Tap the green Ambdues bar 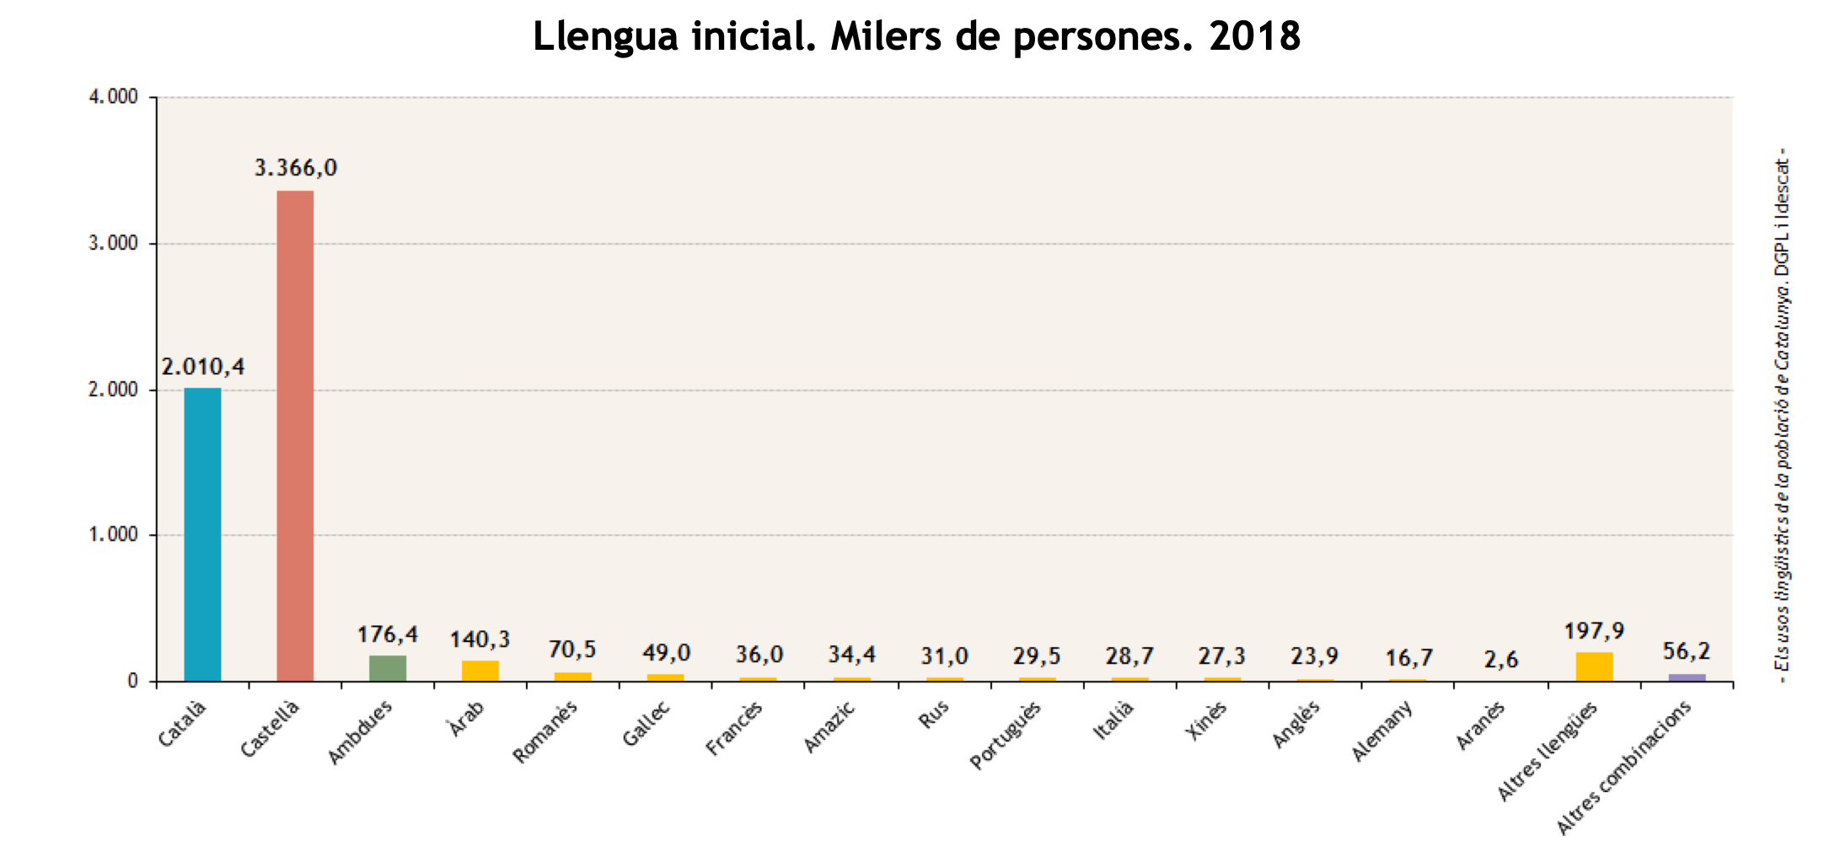tap(388, 668)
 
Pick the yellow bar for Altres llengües tap(1594, 666)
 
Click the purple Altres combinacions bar tap(1687, 677)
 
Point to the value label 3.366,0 tap(296, 168)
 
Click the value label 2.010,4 tap(203, 367)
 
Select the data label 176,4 tap(388, 634)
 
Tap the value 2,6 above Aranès tap(1501, 659)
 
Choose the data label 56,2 tap(1687, 651)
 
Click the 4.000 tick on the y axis tap(113, 97)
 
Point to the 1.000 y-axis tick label tap(113, 535)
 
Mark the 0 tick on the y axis tap(132, 681)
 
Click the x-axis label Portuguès tap(1006, 736)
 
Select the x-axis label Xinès tap(1206, 721)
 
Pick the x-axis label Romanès tap(545, 732)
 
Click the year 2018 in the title tap(1254, 36)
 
